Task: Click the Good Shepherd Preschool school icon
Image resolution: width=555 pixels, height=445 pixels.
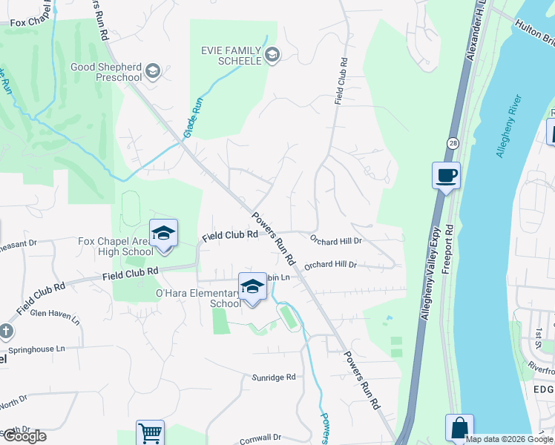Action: (154, 71)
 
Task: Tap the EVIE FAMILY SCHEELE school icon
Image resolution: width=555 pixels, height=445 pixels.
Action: (272, 54)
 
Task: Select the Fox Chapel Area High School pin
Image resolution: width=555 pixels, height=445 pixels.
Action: (163, 234)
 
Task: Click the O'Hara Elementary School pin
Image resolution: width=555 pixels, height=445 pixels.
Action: (252, 287)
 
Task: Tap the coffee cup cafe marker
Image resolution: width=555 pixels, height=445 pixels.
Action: (446, 177)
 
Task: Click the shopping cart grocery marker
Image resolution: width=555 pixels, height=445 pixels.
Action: (150, 432)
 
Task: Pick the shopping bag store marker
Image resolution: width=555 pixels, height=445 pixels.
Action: (459, 428)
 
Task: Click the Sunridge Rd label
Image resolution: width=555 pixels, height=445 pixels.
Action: (274, 378)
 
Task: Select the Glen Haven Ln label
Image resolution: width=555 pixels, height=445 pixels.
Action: (54, 315)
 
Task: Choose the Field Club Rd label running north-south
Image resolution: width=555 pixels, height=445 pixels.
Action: (341, 80)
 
